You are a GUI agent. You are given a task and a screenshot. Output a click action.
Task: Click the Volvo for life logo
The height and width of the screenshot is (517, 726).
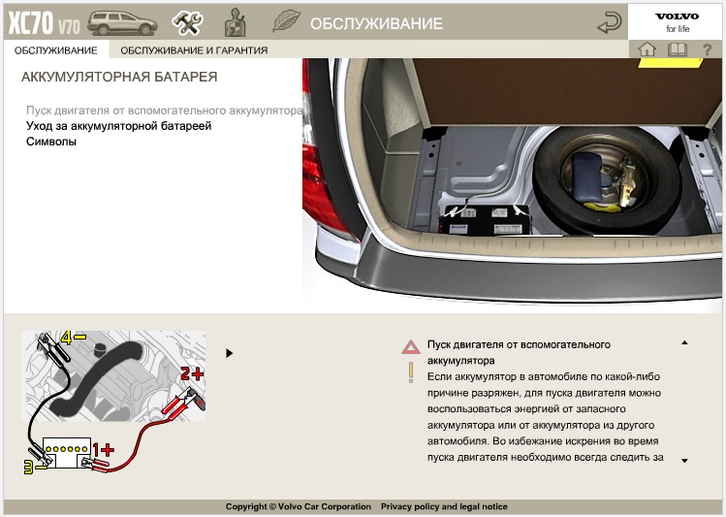pyautogui.click(x=677, y=22)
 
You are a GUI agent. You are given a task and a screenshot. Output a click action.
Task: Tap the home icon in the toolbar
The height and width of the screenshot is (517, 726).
pyautogui.click(x=647, y=49)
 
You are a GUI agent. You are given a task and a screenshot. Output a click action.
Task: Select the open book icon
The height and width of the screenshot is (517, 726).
pyautogui.click(x=678, y=49)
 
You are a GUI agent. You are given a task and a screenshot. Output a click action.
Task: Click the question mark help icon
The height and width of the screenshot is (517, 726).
pyautogui.click(x=707, y=49)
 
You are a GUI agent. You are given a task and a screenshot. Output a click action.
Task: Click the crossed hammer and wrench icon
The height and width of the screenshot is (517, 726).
pyautogui.click(x=187, y=22)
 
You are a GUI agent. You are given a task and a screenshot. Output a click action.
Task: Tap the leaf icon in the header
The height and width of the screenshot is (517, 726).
pyautogui.click(x=286, y=21)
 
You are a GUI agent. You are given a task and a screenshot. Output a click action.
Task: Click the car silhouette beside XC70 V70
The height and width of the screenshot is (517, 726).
pyautogui.click(x=122, y=23)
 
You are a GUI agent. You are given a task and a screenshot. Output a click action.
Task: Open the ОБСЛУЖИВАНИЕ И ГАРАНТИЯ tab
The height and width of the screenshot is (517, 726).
pyautogui.click(x=194, y=50)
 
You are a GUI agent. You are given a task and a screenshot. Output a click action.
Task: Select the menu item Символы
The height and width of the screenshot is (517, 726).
pyautogui.click(x=51, y=142)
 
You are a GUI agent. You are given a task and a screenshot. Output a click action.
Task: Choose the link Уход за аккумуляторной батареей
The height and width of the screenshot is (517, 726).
pyautogui.click(x=118, y=126)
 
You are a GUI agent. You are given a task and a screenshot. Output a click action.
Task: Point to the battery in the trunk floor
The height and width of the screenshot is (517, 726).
pyautogui.click(x=485, y=219)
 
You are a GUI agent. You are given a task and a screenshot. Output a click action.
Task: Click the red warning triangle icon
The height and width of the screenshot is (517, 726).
pyautogui.click(x=411, y=347)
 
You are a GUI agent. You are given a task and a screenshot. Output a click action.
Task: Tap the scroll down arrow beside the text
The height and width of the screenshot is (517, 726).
pyautogui.click(x=684, y=461)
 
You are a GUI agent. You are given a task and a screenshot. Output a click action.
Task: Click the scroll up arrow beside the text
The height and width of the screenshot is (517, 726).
pyautogui.click(x=684, y=342)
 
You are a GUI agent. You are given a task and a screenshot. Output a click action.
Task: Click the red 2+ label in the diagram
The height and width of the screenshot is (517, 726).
pyautogui.click(x=192, y=373)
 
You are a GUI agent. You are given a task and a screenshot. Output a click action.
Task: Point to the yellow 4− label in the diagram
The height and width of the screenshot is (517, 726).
pyautogui.click(x=74, y=338)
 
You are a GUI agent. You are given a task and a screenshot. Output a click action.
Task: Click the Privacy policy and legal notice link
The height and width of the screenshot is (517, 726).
pyautogui.click(x=444, y=506)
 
